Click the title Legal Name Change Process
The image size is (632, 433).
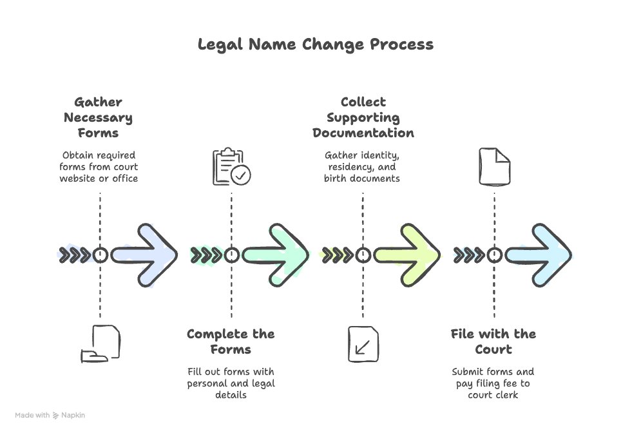point(316,44)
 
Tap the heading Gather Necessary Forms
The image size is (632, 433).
point(99,117)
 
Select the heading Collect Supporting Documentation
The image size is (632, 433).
point(363,117)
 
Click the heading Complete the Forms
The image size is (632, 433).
point(231,342)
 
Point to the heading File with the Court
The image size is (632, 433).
point(493,342)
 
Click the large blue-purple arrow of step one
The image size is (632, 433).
point(144,255)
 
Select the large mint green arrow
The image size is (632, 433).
point(276,255)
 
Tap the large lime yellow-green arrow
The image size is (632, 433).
point(407,255)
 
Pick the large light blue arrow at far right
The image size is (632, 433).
point(539,255)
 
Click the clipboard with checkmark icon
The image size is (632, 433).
point(231,166)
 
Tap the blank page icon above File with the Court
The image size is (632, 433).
point(495,167)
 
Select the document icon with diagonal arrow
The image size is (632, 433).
point(363,344)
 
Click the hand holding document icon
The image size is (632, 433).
point(101,343)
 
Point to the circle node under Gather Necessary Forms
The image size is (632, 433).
point(101,255)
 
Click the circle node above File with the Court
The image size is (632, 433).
point(495,255)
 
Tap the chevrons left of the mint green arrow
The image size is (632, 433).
point(206,255)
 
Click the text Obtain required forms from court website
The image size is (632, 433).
point(99,167)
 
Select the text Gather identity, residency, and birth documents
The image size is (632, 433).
point(362,167)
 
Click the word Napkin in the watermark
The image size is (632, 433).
point(73,415)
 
